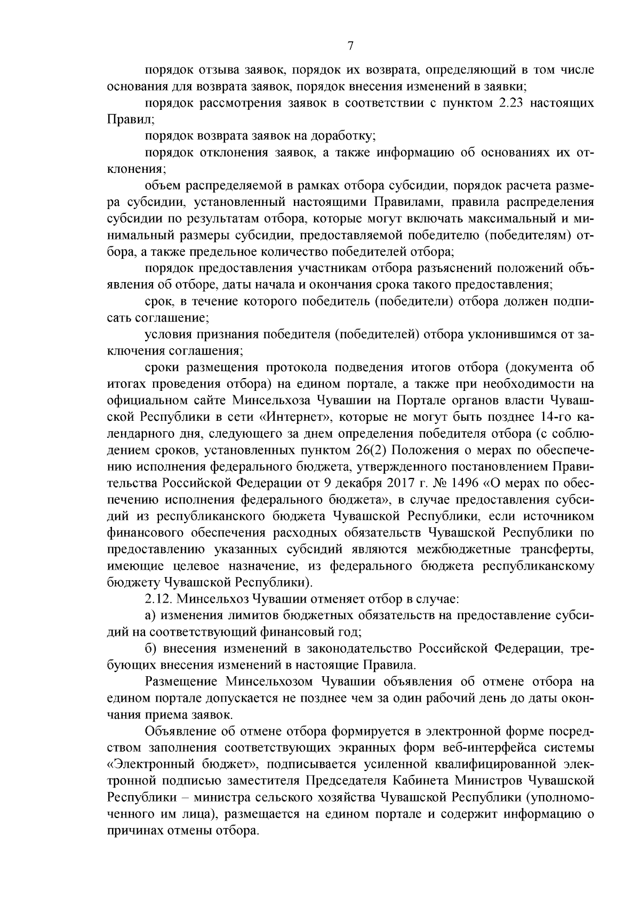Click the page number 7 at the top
(x=350, y=46)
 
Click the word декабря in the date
(x=364, y=483)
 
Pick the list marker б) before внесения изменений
(x=150, y=649)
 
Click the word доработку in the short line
(x=347, y=136)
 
